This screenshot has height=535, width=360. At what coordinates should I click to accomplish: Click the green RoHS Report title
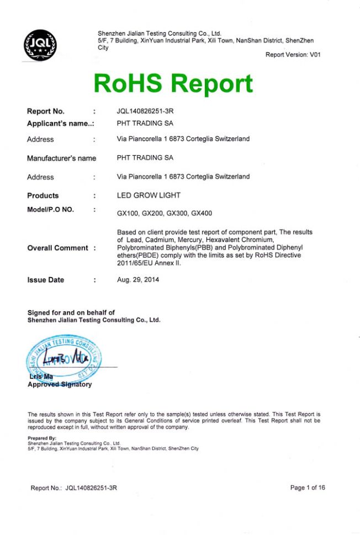(173, 83)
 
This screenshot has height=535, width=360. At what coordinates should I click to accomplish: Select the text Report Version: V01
(293, 55)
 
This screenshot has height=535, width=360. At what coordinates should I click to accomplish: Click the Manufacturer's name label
(61, 158)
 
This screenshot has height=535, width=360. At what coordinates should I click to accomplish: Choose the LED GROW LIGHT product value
(149, 195)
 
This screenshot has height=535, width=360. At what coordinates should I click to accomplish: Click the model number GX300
(178, 213)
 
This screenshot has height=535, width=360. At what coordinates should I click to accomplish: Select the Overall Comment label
(57, 248)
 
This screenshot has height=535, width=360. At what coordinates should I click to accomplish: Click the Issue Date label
(45, 280)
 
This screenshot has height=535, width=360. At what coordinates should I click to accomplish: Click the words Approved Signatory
(60, 385)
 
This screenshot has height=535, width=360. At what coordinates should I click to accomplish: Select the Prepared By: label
(42, 439)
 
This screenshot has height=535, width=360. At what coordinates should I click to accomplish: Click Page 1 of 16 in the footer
(308, 488)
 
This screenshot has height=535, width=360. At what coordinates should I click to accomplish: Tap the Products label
(43, 195)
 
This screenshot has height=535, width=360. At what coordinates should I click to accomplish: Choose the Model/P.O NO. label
(50, 209)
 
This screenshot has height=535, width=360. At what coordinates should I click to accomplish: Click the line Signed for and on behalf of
(71, 313)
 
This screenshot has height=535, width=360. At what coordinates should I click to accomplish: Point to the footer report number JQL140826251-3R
(91, 488)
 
